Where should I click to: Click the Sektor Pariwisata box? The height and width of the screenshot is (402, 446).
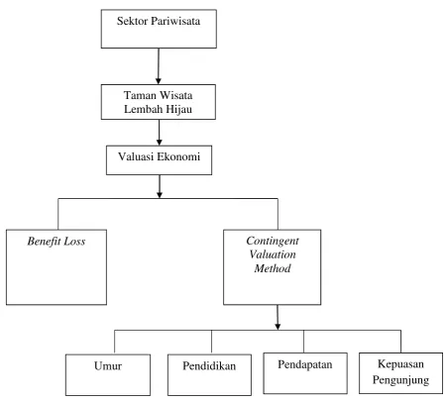pyautogui.click(x=159, y=29)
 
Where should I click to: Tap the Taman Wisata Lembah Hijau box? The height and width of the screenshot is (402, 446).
pyautogui.click(x=159, y=102)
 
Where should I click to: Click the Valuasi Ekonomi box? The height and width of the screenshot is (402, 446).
pyautogui.click(x=159, y=160)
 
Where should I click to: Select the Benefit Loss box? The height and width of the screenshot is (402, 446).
pyautogui.click(x=56, y=267)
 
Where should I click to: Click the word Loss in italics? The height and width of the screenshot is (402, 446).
pyautogui.click(x=74, y=242)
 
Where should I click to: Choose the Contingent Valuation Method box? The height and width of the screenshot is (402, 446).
pyautogui.click(x=273, y=267)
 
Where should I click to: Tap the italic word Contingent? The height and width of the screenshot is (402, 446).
pyautogui.click(x=273, y=241)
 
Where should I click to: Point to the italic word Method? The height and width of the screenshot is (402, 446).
pyautogui.click(x=273, y=268)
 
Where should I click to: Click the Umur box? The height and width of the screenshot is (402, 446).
pyautogui.click(x=108, y=374)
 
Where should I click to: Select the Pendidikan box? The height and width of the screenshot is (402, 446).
pyautogui.click(x=209, y=374)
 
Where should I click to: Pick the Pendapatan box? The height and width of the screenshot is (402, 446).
pyautogui.click(x=305, y=373)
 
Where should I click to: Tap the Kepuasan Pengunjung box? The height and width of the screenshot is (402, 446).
pyautogui.click(x=400, y=373)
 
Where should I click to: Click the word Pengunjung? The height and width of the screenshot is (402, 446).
pyautogui.click(x=400, y=380)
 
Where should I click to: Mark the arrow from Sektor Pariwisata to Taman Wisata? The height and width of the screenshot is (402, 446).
pyautogui.click(x=159, y=66)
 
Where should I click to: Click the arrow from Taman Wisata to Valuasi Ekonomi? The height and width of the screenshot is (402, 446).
pyautogui.click(x=159, y=133)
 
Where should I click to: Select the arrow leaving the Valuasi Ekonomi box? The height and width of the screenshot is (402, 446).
pyautogui.click(x=160, y=186)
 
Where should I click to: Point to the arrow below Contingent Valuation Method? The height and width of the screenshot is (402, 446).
pyautogui.click(x=278, y=317)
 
